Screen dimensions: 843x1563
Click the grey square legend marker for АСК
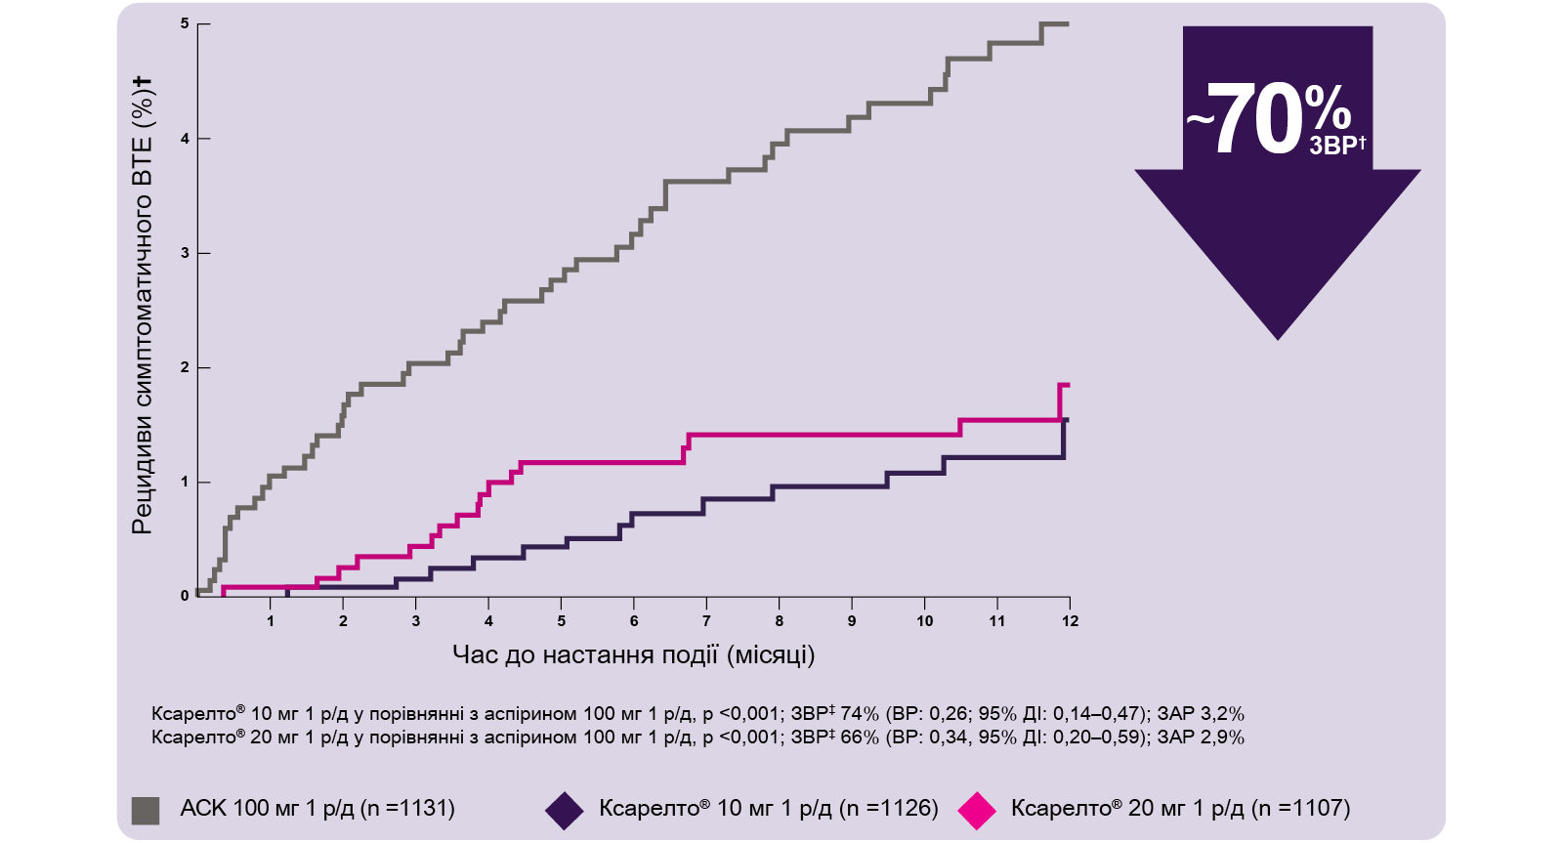[x=146, y=810]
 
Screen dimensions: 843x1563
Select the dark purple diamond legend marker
[x=564, y=811]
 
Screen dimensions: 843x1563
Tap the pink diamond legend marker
[x=977, y=811]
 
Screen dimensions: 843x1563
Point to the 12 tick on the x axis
[x=1070, y=621]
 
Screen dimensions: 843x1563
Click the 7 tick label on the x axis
[x=706, y=621]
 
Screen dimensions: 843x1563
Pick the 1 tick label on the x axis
[x=271, y=621]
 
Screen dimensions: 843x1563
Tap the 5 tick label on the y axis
[x=185, y=23]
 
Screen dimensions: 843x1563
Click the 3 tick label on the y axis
[x=185, y=253]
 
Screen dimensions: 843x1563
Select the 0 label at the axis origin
[x=185, y=596]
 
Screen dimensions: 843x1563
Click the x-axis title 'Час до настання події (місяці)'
[x=633, y=654]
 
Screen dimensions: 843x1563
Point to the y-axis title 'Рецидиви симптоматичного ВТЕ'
[x=143, y=305]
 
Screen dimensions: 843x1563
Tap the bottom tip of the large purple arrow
[x=1278, y=337]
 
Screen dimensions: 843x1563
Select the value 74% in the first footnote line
[x=860, y=714]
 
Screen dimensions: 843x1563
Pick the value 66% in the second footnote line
[x=860, y=738]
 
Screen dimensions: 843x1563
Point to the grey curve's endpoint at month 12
[x=1068, y=23]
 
